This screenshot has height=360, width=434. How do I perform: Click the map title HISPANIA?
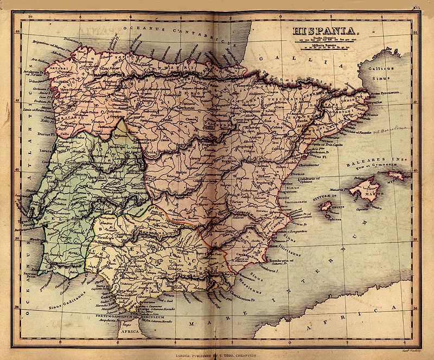pyautogui.click(x=325, y=31)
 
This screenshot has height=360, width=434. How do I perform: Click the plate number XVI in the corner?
pyautogui.click(x=416, y=8)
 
